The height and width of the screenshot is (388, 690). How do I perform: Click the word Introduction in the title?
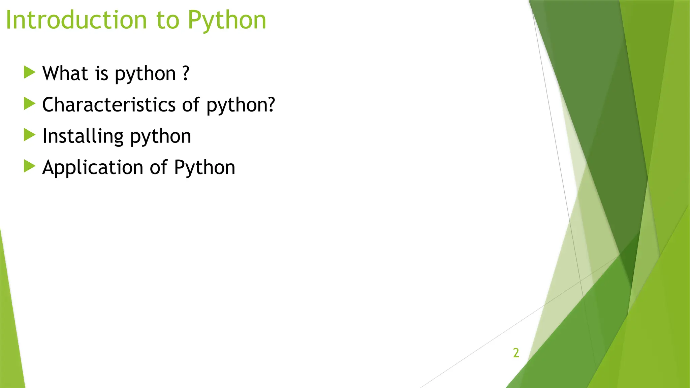[x=76, y=20]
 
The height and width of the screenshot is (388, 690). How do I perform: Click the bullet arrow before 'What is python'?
[x=30, y=72]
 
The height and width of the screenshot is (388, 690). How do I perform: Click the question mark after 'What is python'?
[x=186, y=73]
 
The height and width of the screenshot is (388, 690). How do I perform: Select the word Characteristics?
[x=109, y=105]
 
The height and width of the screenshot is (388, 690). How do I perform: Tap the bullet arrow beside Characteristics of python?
[x=30, y=104]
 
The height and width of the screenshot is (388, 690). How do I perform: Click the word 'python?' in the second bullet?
[x=241, y=105]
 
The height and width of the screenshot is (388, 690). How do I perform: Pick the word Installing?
[x=83, y=136]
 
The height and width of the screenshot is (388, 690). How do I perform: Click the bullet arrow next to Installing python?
[x=30, y=135]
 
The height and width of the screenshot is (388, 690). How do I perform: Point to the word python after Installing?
[x=160, y=137]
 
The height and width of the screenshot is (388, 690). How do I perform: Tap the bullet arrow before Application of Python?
[x=30, y=166]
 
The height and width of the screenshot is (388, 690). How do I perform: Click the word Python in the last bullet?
[x=205, y=168]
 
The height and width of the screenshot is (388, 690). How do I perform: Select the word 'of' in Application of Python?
[x=158, y=167]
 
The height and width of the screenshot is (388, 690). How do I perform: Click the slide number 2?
[x=516, y=353]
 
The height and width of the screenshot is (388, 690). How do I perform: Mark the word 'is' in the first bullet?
[x=101, y=73]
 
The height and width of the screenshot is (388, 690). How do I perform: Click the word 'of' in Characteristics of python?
[x=191, y=105]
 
